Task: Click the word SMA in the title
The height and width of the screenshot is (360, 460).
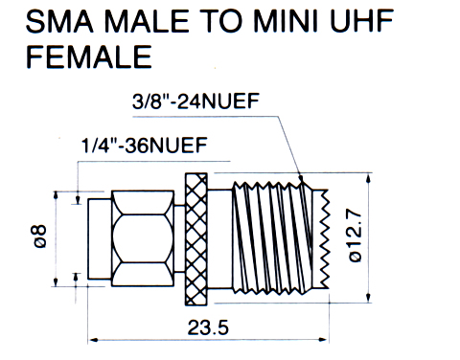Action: point(59,21)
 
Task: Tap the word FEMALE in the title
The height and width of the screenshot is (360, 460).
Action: point(89,56)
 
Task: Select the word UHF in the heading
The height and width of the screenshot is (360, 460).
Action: point(361,21)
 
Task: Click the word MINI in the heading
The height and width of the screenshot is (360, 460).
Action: point(286,21)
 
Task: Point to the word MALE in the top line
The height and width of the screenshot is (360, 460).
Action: point(147,21)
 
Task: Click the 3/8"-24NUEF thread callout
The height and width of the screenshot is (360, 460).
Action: point(195,101)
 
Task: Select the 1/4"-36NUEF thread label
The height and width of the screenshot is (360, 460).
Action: point(145,146)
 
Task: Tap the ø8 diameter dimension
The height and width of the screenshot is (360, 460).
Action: point(41,236)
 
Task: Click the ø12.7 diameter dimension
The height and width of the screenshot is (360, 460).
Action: point(355,236)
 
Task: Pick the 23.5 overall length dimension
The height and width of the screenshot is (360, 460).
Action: point(208,327)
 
